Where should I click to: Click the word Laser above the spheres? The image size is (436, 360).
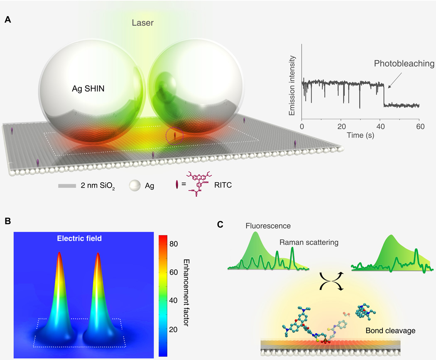tap(142, 23)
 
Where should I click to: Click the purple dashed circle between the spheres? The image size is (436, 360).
tap(175, 136)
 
